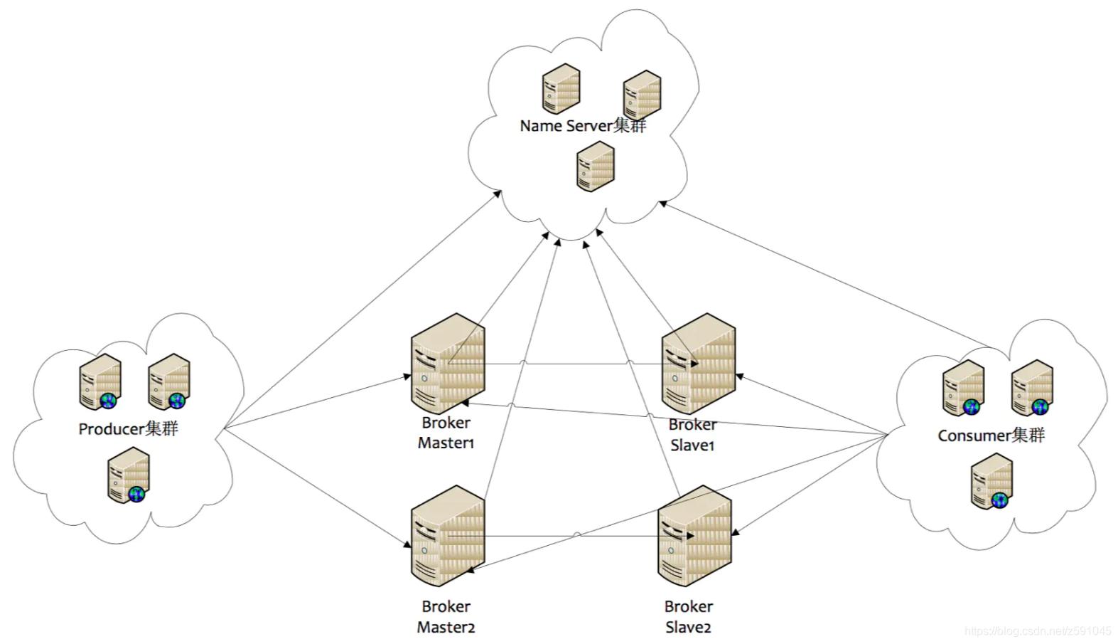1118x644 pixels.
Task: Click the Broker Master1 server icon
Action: click(x=448, y=364)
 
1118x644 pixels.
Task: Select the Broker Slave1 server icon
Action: click(x=698, y=364)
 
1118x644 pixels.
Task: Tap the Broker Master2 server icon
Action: click(x=448, y=536)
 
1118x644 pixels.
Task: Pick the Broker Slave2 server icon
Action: click(x=694, y=536)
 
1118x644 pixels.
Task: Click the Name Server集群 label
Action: click(x=583, y=127)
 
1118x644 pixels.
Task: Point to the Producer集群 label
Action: click(x=128, y=429)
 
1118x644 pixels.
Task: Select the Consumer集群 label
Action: click(x=991, y=436)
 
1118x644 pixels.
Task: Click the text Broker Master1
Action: click(x=446, y=433)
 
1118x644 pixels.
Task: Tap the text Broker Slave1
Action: click(x=692, y=435)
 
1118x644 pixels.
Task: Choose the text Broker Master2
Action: click(x=446, y=616)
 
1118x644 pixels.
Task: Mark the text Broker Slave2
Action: click(x=688, y=616)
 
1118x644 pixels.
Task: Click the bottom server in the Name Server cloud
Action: click(x=595, y=166)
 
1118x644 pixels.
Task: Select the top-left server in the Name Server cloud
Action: click(x=561, y=88)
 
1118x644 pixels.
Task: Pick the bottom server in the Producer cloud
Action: click(x=129, y=475)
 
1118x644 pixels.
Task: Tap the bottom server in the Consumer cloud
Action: click(x=992, y=482)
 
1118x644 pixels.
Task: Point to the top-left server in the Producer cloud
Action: click(x=100, y=382)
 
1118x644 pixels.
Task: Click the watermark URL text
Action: click(x=1038, y=631)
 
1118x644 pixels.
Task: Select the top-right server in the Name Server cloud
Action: click(x=642, y=95)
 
